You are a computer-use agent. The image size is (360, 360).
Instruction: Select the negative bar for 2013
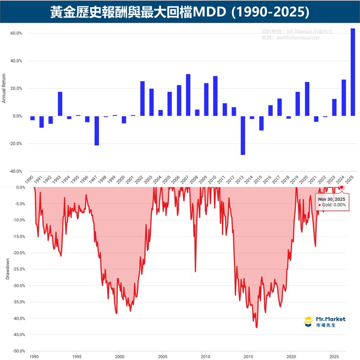tap(243, 135)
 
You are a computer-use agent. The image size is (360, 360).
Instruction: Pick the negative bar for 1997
tap(97, 131)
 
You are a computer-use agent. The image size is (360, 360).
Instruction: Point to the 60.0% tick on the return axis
tap(16, 33)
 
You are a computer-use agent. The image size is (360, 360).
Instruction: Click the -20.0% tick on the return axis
tap(16, 144)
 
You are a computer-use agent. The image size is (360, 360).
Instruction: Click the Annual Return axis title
tap(4, 88)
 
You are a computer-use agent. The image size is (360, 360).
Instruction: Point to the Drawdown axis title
tap(7, 271)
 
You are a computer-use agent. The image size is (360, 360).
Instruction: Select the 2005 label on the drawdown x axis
tap(162, 356)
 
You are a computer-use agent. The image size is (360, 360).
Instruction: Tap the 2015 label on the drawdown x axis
tap(248, 356)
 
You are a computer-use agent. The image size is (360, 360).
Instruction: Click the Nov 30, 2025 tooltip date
tap(332, 199)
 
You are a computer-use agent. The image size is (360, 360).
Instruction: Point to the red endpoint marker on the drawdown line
tap(341, 187)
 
